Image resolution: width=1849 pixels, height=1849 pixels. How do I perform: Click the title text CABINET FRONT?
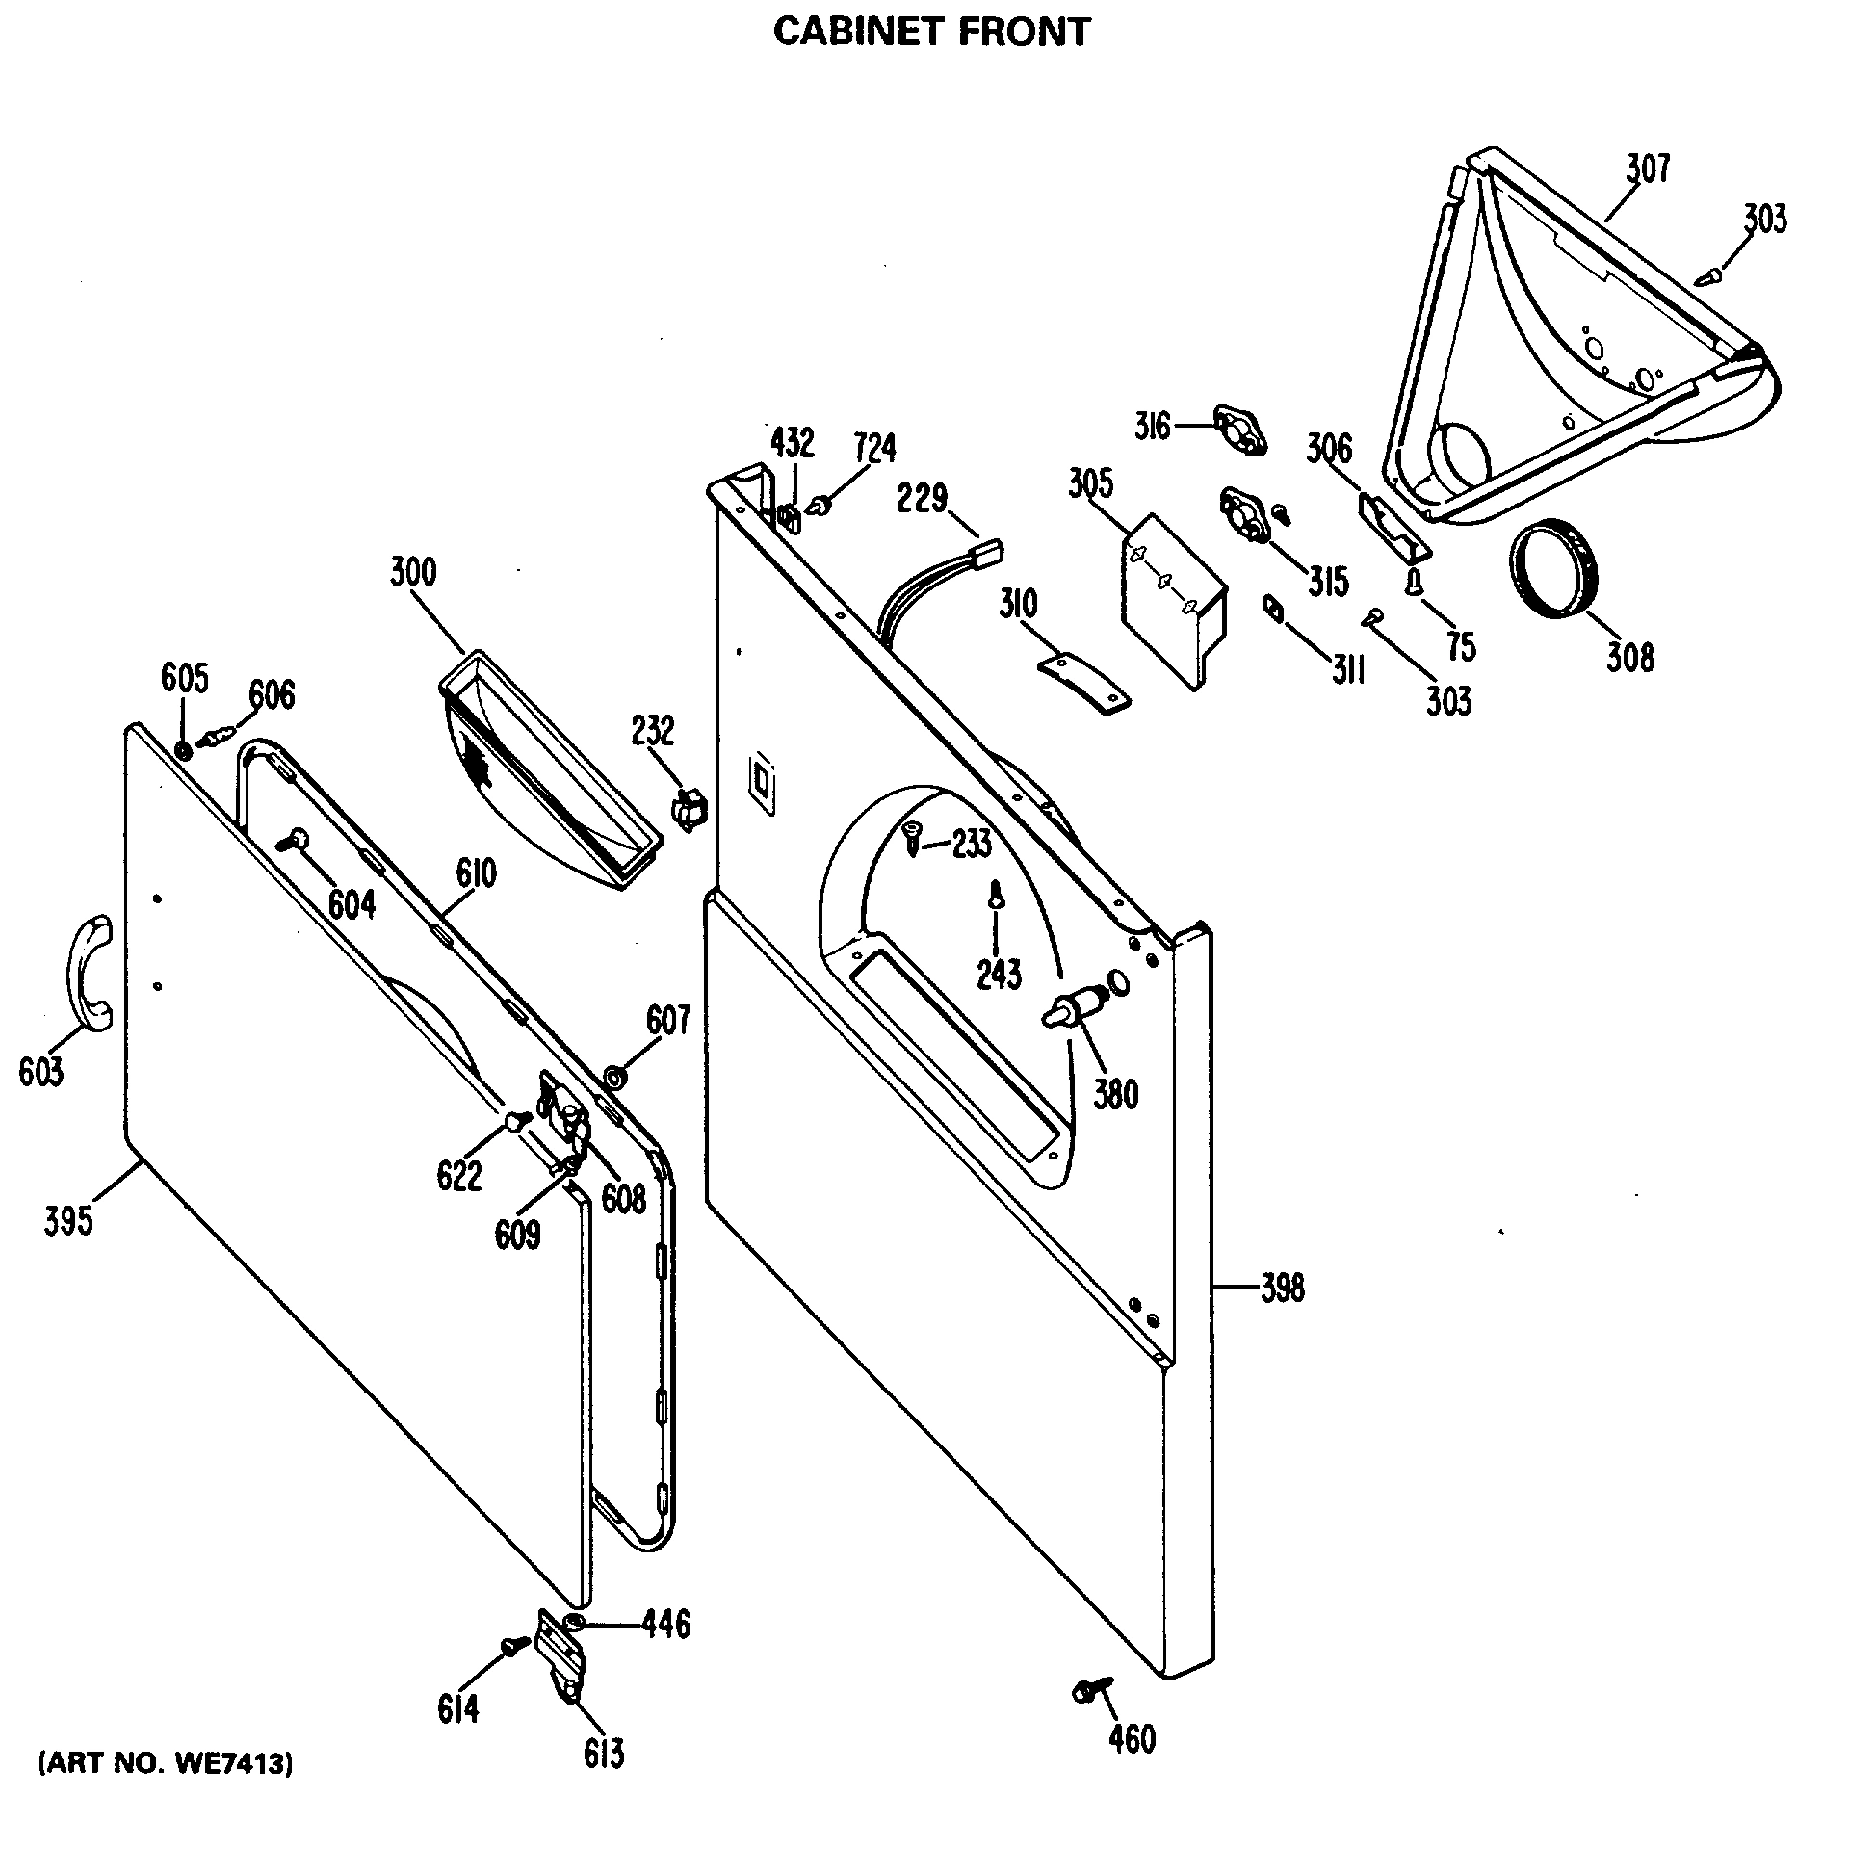pyautogui.click(x=931, y=32)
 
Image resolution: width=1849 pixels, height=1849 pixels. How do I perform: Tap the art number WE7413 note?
pyautogui.click(x=165, y=1791)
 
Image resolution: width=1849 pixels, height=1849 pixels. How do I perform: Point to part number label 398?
pyautogui.click(x=1282, y=1288)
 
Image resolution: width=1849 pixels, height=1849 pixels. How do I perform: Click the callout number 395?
pyautogui.click(x=68, y=1220)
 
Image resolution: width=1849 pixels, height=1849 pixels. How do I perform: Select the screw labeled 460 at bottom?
pyautogui.click(x=1089, y=1716)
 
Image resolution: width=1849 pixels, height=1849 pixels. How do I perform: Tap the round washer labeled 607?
pyautogui.click(x=612, y=1075)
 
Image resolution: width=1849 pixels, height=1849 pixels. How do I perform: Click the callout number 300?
pyautogui.click(x=413, y=572)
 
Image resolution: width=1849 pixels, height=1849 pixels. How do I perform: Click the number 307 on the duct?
pyautogui.click(x=1648, y=169)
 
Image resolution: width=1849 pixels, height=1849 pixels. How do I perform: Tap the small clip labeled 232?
pyautogui.click(x=690, y=807)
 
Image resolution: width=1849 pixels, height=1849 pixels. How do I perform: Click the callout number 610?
pyautogui.click(x=476, y=873)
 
